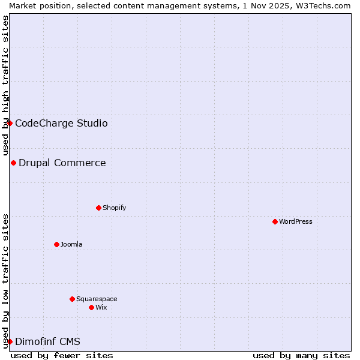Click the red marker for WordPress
275,221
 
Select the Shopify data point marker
98,208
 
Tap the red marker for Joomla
56,244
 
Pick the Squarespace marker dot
72,299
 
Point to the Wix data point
91,307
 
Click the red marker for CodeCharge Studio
10,123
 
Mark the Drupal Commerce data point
13,163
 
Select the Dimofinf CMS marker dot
10,341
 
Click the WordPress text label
296,221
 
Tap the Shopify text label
114,208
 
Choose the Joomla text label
71,244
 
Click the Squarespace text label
97,299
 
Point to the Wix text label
101,307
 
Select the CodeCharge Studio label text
61,123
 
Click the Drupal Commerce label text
62,163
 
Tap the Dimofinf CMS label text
47,341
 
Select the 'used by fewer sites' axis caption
62,355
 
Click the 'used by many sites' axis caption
301,355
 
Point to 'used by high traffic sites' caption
5,86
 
